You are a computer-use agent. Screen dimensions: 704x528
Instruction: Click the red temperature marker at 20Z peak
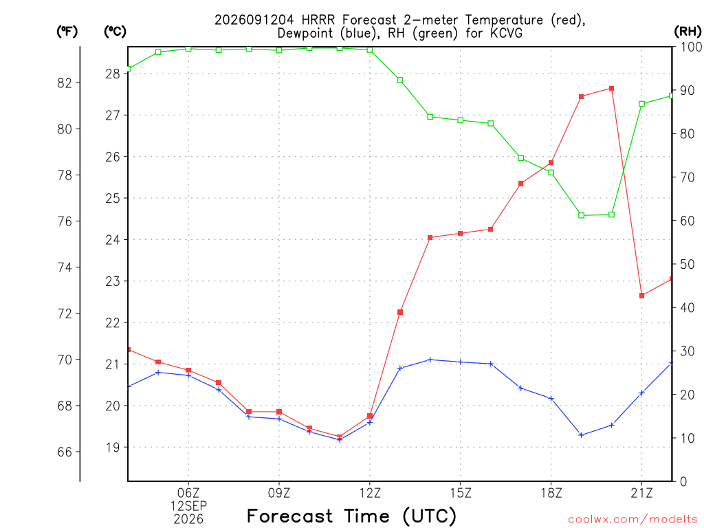[x=611, y=89]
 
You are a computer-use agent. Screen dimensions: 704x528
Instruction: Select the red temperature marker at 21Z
[x=641, y=296]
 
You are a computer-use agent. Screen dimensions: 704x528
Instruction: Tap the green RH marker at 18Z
[x=551, y=173]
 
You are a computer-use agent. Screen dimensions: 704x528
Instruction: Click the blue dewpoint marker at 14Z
[x=430, y=360]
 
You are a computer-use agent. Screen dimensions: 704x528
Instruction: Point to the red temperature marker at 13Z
[x=400, y=312]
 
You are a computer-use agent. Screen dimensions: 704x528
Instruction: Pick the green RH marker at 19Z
[x=582, y=215]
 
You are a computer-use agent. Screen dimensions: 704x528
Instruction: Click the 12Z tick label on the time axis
[x=370, y=493]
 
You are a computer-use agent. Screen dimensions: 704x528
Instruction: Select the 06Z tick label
[x=188, y=493]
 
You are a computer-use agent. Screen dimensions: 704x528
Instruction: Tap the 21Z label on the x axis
[x=641, y=493]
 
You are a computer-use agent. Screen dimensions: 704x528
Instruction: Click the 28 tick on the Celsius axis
[x=113, y=74]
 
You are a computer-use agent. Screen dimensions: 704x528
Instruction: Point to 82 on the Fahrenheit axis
[x=65, y=83]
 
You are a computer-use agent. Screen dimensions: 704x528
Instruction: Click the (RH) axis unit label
[x=687, y=32]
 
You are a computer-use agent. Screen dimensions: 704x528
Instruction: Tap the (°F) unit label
[x=67, y=32]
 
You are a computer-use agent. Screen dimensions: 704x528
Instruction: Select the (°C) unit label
[x=115, y=32]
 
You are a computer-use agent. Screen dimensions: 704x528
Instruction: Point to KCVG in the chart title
[x=506, y=33]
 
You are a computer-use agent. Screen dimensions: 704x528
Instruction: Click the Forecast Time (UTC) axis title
[x=351, y=516]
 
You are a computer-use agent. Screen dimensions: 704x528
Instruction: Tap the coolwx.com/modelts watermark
[x=632, y=520]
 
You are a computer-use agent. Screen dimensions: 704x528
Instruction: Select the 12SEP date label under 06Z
[x=188, y=506]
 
